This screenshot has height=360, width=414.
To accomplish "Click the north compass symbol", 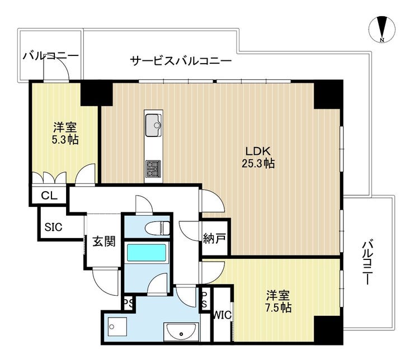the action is coord(382,29).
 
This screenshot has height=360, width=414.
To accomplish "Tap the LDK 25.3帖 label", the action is coord(258,157).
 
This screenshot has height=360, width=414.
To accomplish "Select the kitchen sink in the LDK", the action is coord(153,125).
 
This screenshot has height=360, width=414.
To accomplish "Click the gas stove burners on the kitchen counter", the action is coord(153,169).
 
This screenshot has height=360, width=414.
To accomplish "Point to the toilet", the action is coord(157,228).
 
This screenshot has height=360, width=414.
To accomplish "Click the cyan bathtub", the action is coord(147,253).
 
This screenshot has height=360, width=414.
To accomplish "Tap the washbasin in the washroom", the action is coord(181,331).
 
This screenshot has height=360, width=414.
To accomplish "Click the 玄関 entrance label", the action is coord(104,241).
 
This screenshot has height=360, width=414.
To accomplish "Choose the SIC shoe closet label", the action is coord(53,227).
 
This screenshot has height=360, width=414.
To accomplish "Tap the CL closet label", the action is coord(49,196).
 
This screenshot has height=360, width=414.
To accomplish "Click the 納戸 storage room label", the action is coord(214,239).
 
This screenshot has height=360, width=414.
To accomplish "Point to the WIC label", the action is coord(222,315).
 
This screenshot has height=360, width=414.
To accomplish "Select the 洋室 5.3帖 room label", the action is coord(65,134).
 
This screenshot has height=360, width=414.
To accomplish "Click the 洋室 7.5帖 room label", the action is coord(279,301).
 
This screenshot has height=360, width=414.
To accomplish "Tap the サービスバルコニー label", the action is coord(181,61).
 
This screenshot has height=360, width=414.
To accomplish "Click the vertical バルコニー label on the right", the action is coord(367,262).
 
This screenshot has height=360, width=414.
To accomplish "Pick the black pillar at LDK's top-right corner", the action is coord(328,94).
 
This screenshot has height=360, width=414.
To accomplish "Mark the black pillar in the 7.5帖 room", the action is coord(328,330).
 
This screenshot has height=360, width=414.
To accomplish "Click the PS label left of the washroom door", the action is coord(129,304).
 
